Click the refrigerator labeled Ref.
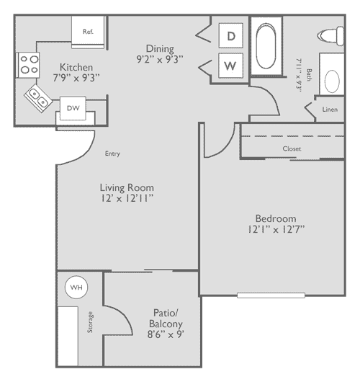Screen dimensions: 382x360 click(x=89, y=31)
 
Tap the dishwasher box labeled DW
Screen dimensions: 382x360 click(x=73, y=108)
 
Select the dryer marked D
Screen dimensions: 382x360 click(x=231, y=35)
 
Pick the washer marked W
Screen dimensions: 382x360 click(x=231, y=66)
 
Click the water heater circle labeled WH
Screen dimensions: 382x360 click(x=76, y=288)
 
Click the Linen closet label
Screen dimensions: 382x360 click(x=330, y=110)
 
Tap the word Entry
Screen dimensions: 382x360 click(x=112, y=153)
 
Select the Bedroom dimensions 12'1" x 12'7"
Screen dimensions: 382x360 click(x=275, y=230)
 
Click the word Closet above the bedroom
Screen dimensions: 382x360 click(x=292, y=148)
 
